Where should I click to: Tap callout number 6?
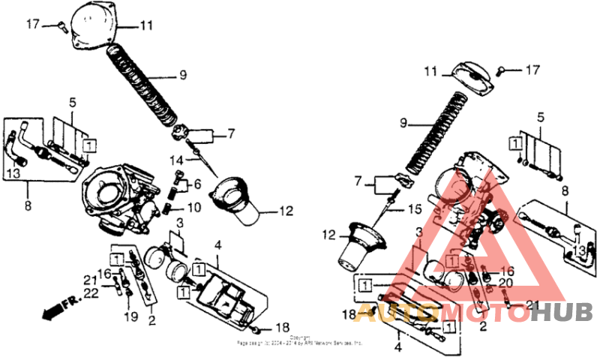(x=197, y=184)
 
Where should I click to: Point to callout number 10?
(x=193, y=207)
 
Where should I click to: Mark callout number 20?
(x=506, y=282)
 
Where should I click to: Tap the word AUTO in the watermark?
(x=397, y=312)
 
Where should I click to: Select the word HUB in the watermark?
(x=562, y=312)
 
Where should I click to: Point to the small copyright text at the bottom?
(x=300, y=340)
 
